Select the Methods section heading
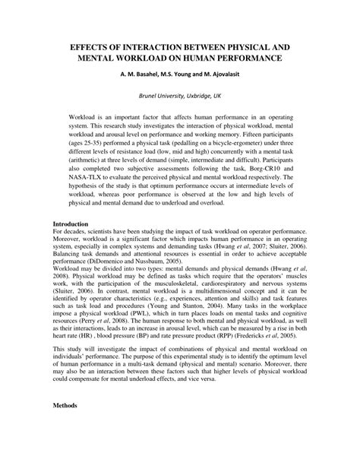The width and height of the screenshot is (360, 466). [x=66, y=447]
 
